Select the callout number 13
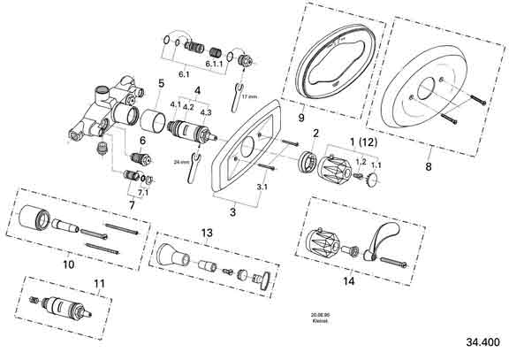[207, 233]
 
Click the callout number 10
[67, 263]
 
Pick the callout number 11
[100, 284]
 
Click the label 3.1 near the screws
[262, 188]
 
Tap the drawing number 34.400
[482, 341]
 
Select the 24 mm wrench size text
[183, 162]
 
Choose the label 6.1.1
[215, 65]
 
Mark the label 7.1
[142, 192]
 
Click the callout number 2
[314, 134]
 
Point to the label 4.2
[188, 106]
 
